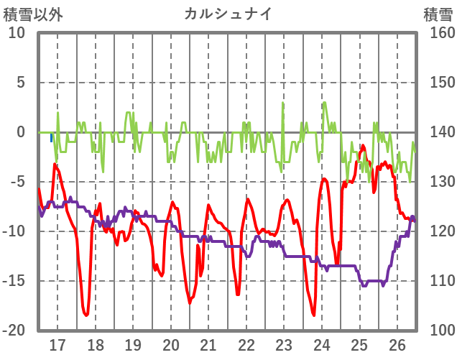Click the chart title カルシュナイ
pyautogui.click(x=228, y=14)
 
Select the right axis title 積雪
pyautogui.click(x=437, y=14)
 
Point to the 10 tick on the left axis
pyautogui.click(x=17, y=33)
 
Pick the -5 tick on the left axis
pyautogui.click(x=17, y=182)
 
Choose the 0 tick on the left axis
pyautogui.click(x=21, y=132)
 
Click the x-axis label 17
pyautogui.click(x=57, y=345)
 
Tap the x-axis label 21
pyautogui.click(x=208, y=345)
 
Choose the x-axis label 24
pyautogui.click(x=322, y=345)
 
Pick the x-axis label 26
pyautogui.click(x=397, y=345)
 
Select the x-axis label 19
pyautogui.click(x=133, y=345)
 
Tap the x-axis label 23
pyautogui.click(x=284, y=345)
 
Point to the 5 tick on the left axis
pyautogui.click(x=21, y=83)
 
